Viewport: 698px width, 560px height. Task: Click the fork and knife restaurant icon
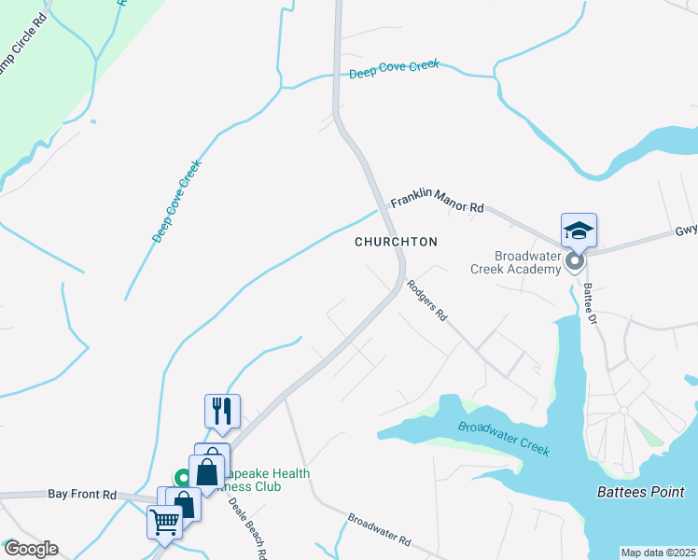222,411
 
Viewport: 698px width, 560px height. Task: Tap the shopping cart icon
164,522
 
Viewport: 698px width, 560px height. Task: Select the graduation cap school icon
579,230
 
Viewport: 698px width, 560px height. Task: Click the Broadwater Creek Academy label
527,262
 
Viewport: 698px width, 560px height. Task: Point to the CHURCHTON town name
396,242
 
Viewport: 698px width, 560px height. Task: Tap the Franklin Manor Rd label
437,202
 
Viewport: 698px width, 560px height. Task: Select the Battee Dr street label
590,305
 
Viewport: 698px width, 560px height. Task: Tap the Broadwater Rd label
380,529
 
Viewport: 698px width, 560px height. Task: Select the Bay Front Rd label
82,495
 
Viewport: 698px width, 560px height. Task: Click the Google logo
31,549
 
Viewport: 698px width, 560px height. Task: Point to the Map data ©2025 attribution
658,553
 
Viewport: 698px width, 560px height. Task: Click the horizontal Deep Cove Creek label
393,70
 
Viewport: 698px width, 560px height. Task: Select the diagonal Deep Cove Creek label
177,200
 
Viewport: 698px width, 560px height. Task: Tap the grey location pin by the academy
575,263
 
